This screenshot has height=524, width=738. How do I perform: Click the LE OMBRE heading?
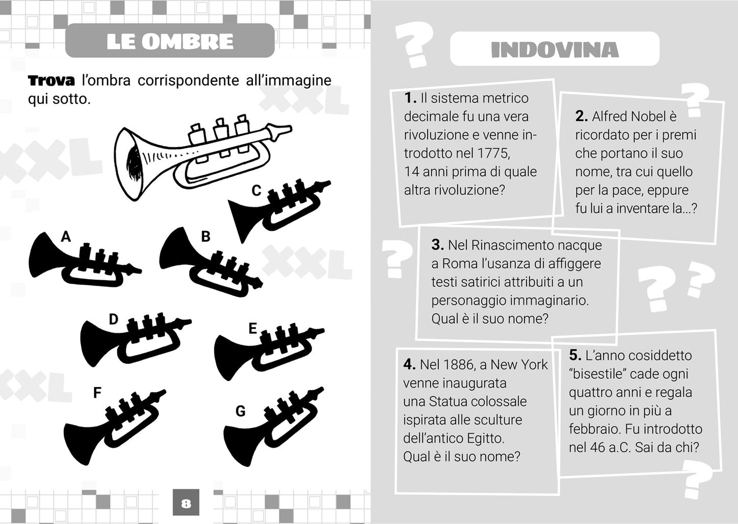(x=170, y=41)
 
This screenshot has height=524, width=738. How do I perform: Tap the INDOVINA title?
(x=555, y=50)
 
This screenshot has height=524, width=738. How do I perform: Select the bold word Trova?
(x=51, y=81)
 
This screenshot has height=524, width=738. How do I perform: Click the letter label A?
(x=66, y=237)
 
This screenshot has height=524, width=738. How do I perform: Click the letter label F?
(x=97, y=393)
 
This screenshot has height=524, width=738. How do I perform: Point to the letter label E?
(x=252, y=329)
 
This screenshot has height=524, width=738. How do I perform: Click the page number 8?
(x=186, y=504)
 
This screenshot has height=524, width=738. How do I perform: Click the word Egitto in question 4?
(x=485, y=438)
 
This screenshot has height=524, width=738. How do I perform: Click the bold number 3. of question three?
(x=437, y=245)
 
